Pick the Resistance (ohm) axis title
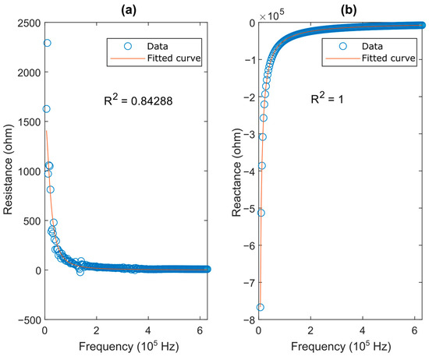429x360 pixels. (x=8, y=171)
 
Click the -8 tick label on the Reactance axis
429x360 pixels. (x=247, y=319)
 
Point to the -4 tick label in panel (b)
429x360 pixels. (x=247, y=171)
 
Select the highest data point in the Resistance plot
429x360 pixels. (x=47, y=43)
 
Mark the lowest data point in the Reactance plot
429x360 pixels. (x=260, y=307)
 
